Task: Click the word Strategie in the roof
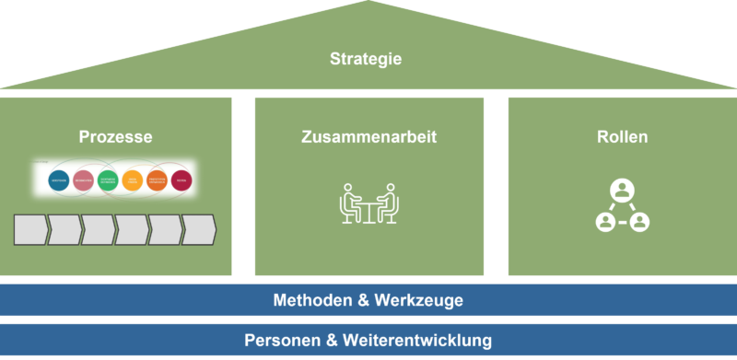[x=366, y=59]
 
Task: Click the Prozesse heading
[x=116, y=137]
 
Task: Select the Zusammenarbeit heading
[x=368, y=137]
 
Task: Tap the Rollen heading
[x=622, y=137]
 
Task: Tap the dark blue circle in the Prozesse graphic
[x=61, y=180]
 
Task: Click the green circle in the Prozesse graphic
[x=109, y=180]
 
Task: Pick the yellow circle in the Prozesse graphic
[x=133, y=180]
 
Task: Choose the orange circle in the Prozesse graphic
[x=157, y=180]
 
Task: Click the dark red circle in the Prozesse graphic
[x=181, y=180]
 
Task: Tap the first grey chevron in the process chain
[x=30, y=230]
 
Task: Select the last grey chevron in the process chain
[x=197, y=230]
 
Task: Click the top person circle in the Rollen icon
[x=622, y=192]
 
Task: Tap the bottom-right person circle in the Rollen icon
[x=638, y=221]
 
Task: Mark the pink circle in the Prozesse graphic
[x=84, y=180]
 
